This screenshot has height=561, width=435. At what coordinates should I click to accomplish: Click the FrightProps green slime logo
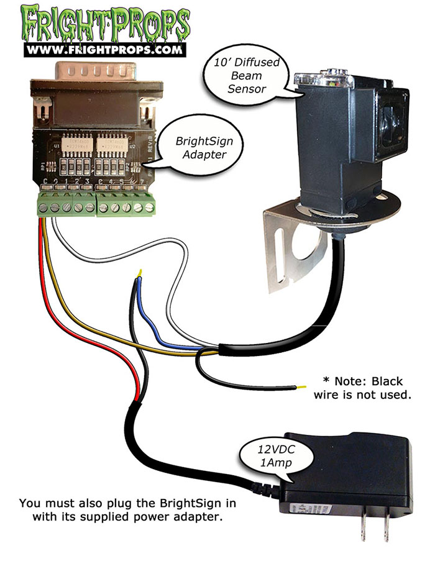pyautogui.click(x=106, y=23)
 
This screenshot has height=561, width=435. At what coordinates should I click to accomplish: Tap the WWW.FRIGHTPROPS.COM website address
pyautogui.click(x=106, y=48)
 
